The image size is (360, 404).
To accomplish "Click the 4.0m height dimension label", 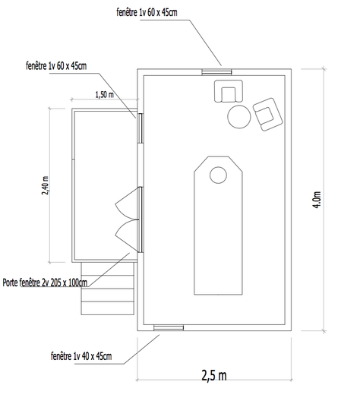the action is point(317,200).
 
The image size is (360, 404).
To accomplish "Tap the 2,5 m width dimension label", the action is point(214,375).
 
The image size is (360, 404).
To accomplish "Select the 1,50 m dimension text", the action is point(104,95).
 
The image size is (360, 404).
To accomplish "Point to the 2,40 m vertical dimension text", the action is point(45,185).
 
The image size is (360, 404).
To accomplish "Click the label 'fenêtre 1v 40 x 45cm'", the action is point(81,356).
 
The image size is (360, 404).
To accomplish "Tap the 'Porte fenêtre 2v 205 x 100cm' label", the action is point(45,282).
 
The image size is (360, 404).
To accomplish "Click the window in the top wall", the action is point(216,72).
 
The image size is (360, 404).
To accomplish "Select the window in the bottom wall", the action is point(169,328).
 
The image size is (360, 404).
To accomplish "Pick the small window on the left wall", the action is point(141,128).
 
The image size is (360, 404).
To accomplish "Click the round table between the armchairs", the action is point(239,116).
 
